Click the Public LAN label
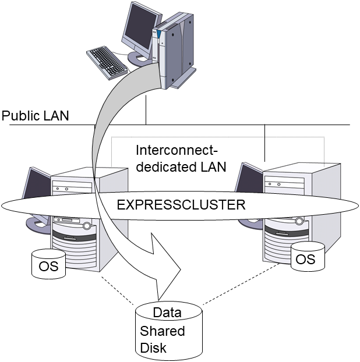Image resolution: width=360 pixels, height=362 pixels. click(36, 115)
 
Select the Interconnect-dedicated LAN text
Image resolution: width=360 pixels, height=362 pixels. click(180, 158)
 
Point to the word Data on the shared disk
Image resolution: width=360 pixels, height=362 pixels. click(167, 313)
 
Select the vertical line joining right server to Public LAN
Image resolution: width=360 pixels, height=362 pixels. click(264, 143)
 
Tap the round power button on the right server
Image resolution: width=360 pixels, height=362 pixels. click(299, 221)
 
